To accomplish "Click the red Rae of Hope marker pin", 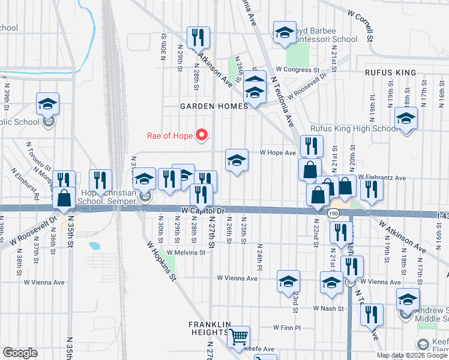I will pyautogui.click(x=202, y=135).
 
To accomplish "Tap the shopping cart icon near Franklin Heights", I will pyautogui.click(x=239, y=337).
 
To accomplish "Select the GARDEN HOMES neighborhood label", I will pyautogui.click(x=214, y=106).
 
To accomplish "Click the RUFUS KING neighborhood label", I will pyautogui.click(x=390, y=73).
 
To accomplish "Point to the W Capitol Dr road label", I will pyautogui.click(x=202, y=211).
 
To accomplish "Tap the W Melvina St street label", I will pyautogui.click(x=186, y=253).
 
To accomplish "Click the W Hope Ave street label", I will pyautogui.click(x=278, y=153).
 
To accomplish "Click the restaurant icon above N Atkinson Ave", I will pyautogui.click(x=197, y=37).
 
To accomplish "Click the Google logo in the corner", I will pyautogui.click(x=20, y=353).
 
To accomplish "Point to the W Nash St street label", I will pyautogui.click(x=329, y=308).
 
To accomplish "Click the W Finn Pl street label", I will pyautogui.click(x=286, y=328).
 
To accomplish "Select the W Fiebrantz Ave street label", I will pyautogui.click(x=382, y=178).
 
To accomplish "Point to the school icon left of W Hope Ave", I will pyautogui.click(x=237, y=160).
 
